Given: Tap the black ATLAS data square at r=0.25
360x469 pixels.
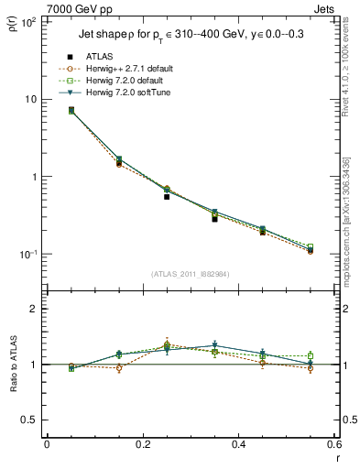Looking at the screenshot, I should [167, 196].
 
